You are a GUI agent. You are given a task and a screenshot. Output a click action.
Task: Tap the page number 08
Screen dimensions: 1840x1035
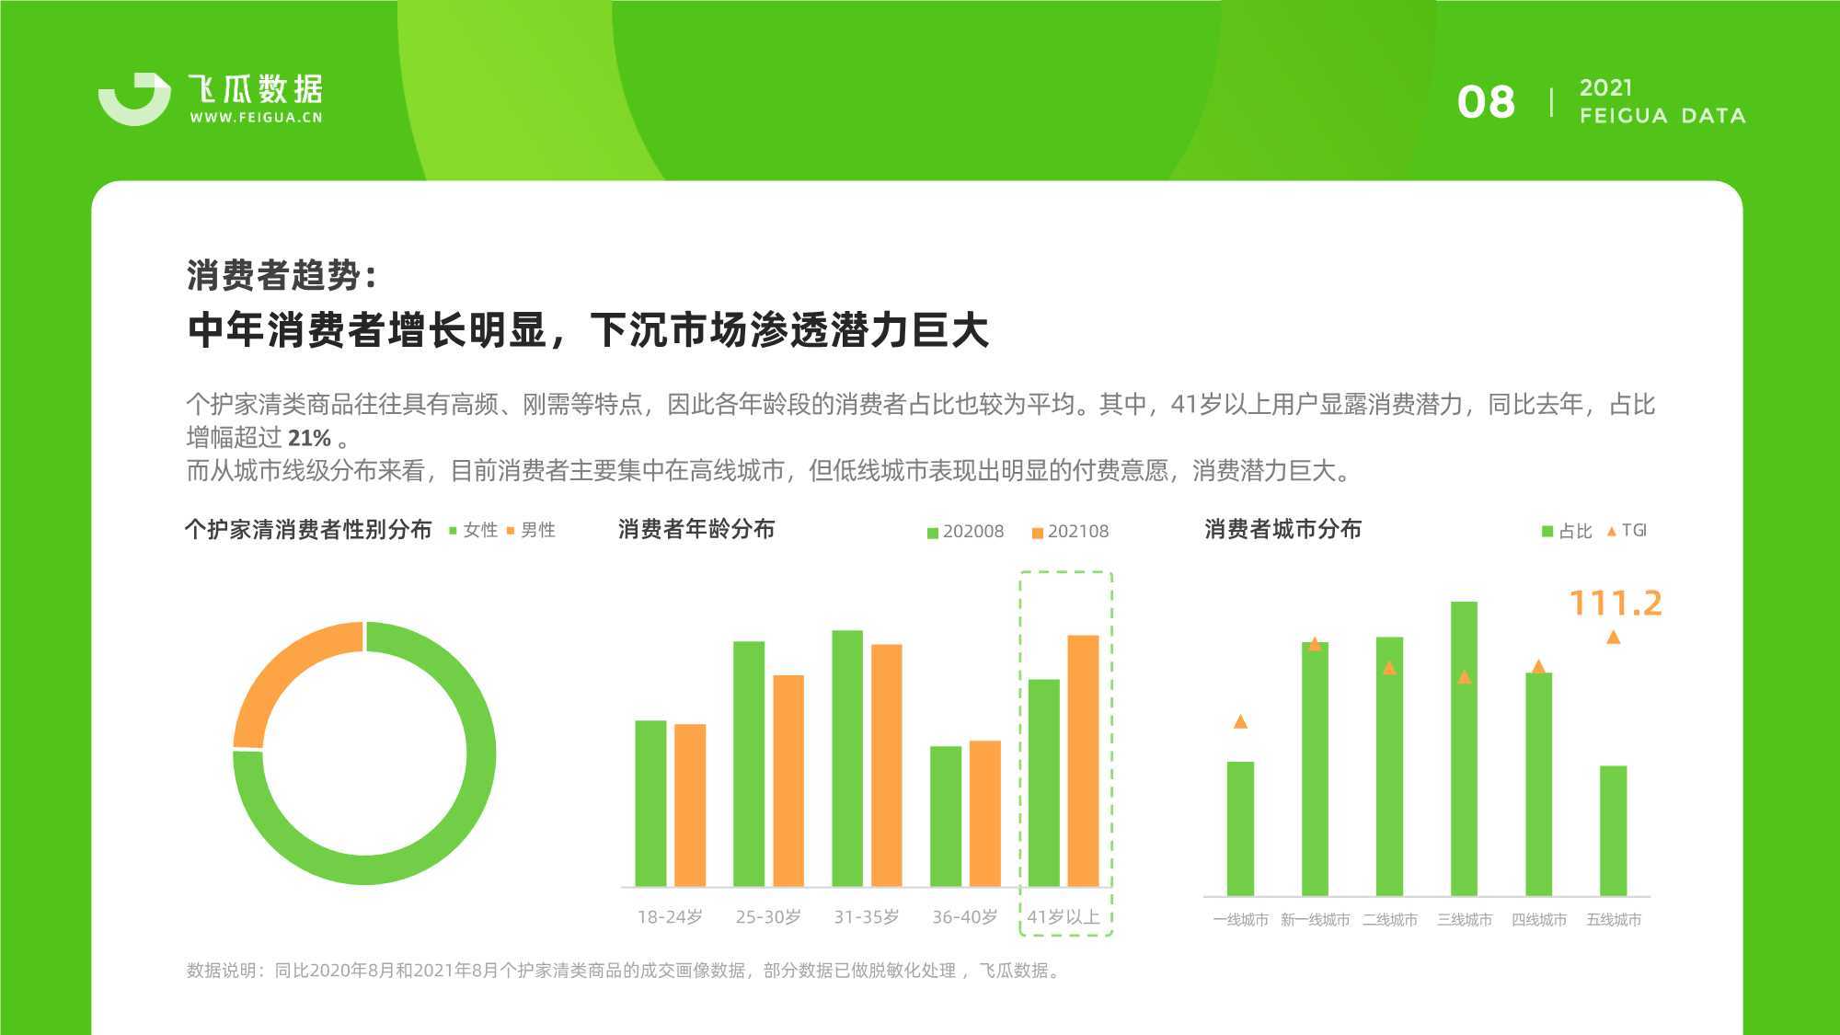[x=1486, y=102]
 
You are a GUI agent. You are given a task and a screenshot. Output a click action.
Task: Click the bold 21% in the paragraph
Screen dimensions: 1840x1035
[x=309, y=438]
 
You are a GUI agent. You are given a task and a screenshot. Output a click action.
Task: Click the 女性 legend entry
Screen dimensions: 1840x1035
[x=473, y=530]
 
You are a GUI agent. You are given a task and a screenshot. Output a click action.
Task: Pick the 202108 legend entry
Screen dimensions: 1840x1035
[x=1071, y=532]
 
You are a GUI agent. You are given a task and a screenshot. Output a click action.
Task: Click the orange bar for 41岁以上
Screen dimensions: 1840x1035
[x=1083, y=761]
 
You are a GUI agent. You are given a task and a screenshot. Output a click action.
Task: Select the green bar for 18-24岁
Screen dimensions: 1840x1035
[x=650, y=803]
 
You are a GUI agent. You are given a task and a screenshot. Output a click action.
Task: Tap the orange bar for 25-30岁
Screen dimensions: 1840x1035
[x=788, y=781]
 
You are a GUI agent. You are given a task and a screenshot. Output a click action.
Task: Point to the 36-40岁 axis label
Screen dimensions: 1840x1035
[x=965, y=917]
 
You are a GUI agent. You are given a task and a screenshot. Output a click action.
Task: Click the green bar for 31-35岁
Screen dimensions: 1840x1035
[x=847, y=758]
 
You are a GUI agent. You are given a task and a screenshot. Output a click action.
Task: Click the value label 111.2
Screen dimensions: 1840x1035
[x=1616, y=604]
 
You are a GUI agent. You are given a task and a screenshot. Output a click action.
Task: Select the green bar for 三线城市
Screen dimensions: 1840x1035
[x=1464, y=749]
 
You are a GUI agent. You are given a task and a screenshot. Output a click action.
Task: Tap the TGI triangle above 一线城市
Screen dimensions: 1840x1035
[x=1240, y=721]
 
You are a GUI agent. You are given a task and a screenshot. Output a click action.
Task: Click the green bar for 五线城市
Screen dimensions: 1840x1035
[x=1614, y=831]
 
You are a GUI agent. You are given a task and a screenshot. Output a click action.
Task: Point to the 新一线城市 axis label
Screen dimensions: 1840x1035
[x=1316, y=920]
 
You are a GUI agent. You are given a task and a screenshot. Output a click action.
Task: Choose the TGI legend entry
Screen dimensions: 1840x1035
[x=1627, y=531]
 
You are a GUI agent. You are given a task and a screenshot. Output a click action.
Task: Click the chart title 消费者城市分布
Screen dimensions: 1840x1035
[x=1283, y=530]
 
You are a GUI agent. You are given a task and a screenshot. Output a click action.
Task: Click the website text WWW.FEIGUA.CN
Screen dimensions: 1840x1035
[x=256, y=118]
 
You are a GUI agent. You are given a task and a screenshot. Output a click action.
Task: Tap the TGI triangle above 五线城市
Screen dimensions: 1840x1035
[x=1613, y=637]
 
